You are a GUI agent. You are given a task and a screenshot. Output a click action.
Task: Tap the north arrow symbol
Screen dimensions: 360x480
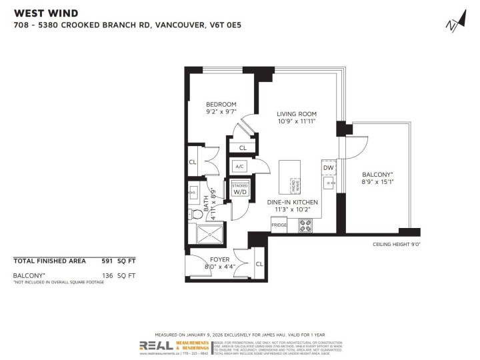point(454,22)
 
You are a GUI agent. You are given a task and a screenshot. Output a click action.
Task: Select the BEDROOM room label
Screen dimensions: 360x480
point(221,105)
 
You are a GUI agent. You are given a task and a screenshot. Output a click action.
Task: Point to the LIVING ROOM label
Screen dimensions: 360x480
point(296,114)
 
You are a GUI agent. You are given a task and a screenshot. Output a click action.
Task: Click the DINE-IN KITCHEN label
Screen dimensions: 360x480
point(292,202)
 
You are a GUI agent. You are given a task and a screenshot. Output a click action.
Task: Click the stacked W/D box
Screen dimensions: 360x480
point(239,190)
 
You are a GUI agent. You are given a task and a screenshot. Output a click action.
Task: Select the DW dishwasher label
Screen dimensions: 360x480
point(328,168)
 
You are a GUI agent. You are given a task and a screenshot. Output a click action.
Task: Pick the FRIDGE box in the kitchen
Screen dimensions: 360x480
point(279,225)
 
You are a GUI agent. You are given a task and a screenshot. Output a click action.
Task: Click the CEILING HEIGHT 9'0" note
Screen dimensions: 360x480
point(396,245)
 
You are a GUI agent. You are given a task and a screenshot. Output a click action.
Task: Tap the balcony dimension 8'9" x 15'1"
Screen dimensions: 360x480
point(377,179)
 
